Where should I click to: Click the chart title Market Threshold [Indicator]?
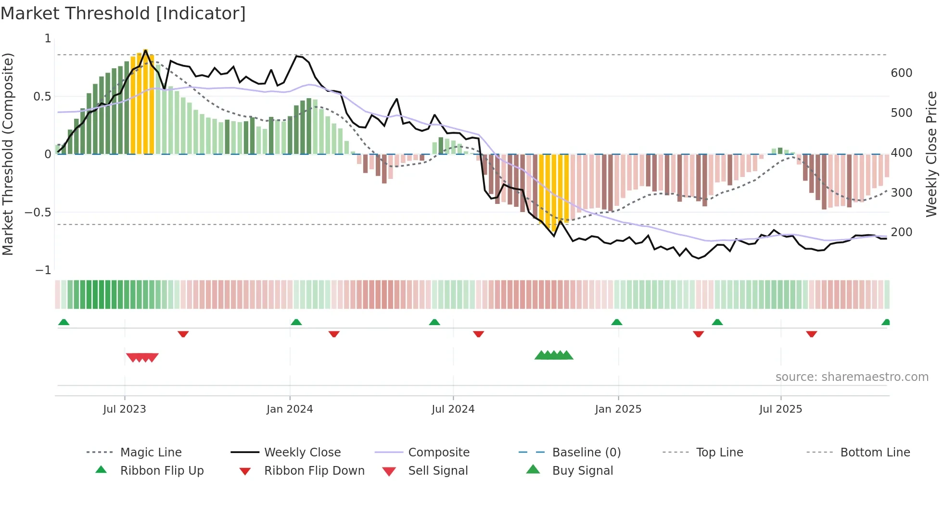tap(123, 13)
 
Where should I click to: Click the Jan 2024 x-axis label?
tap(290, 409)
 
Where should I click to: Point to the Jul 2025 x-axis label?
tap(780, 409)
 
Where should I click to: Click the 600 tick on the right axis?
tap(901, 73)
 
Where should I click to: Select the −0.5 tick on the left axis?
tap(38, 212)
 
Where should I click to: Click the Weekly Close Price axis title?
tap(931, 154)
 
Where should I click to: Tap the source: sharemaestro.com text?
tap(852, 377)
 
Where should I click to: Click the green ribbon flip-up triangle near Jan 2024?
tap(296, 322)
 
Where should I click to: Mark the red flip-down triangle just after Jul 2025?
tap(812, 334)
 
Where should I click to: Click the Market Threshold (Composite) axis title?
tap(8, 154)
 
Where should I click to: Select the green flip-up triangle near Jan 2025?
tap(617, 322)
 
